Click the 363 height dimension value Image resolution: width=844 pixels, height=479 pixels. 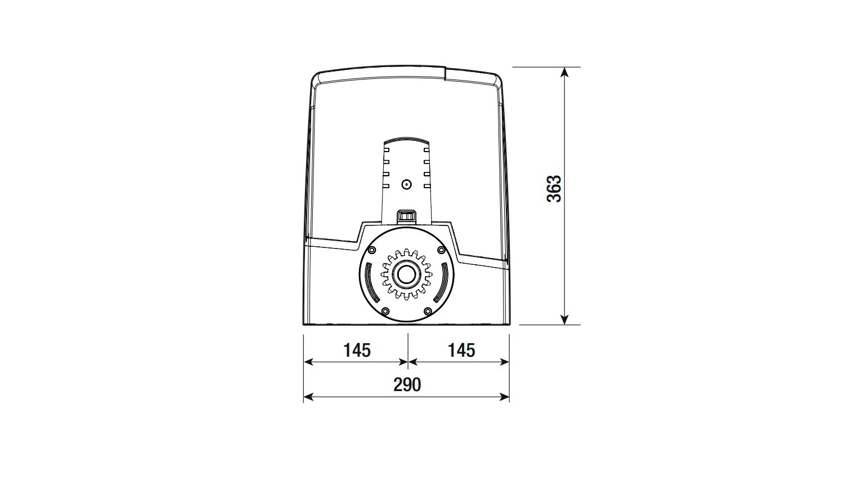554,189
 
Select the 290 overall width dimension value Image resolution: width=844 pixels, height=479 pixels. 407,385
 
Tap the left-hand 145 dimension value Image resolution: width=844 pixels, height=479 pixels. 357,351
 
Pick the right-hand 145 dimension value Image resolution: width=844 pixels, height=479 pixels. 461,351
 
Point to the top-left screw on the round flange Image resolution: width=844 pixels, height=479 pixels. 371,250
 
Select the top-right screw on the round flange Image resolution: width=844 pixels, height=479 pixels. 441,250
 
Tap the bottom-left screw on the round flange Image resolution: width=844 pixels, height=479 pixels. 385,311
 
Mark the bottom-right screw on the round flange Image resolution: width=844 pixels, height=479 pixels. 428,311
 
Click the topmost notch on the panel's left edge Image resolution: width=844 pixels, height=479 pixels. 386,150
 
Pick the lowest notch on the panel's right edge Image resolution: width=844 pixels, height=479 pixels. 427,185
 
